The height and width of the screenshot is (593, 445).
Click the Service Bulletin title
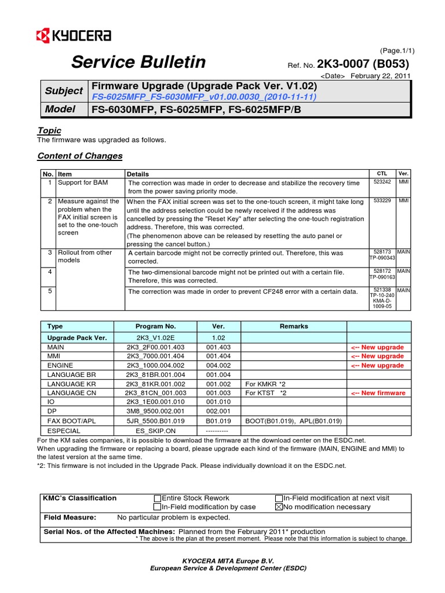point(138,62)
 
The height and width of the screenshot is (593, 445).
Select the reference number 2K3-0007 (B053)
point(367,64)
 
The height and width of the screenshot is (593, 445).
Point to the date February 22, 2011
point(380,76)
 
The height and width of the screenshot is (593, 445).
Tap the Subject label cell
point(63,91)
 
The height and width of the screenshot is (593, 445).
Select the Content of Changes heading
point(79,156)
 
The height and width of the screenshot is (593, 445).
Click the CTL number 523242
point(382,182)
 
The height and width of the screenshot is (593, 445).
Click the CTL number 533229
point(382,200)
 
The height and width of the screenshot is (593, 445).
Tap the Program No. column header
point(155,327)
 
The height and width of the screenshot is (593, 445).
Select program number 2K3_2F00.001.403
point(155,347)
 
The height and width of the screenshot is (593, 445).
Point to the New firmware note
point(378,393)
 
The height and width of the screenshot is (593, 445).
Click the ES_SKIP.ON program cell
point(155,430)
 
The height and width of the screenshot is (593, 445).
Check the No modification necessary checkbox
point(279,507)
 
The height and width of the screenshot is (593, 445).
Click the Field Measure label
point(70,518)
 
